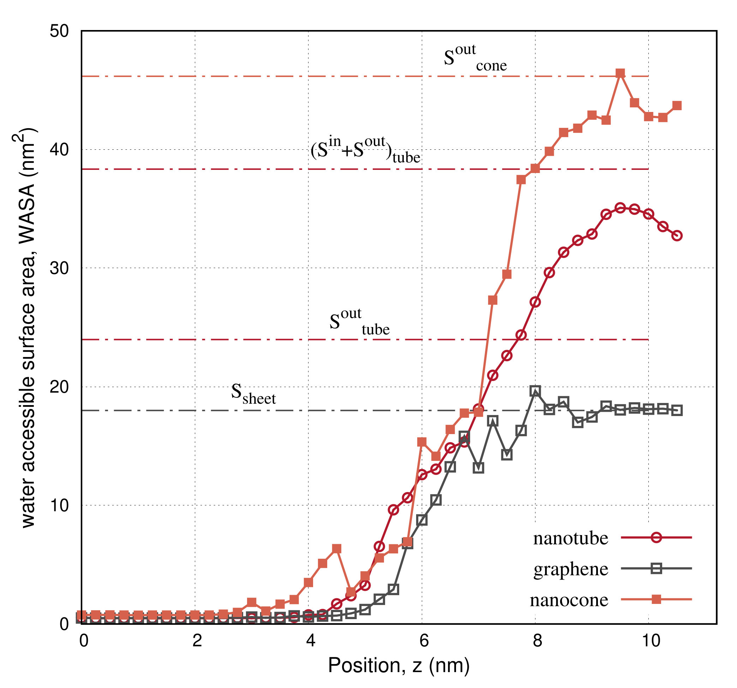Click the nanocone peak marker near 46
tap(620, 73)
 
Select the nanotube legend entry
tap(571, 539)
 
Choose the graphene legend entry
tap(571, 570)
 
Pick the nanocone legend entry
tap(569, 600)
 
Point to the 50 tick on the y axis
tap(59, 31)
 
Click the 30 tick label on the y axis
tap(59, 268)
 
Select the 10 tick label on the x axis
tap(651, 641)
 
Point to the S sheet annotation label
tap(253, 394)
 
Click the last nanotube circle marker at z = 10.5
tap(677, 236)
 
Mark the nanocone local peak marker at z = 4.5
tap(337, 549)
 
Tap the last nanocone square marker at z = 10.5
tap(677, 106)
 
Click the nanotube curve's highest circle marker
tap(620, 208)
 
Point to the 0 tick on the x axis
tap(84, 641)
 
